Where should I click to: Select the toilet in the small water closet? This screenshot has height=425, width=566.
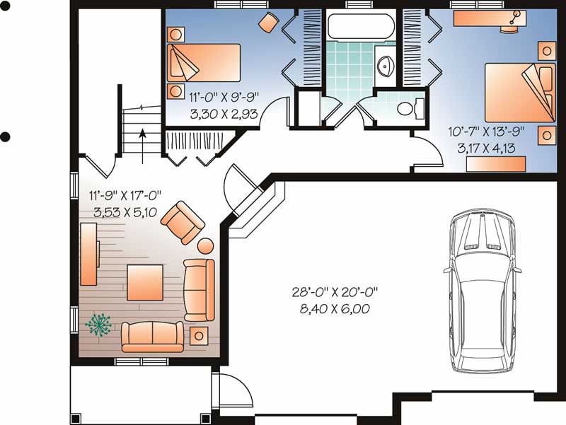click(409, 108)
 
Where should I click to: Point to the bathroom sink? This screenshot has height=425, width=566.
click(386, 66)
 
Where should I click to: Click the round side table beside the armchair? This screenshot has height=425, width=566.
click(205, 247)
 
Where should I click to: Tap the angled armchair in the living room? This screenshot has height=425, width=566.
click(183, 222)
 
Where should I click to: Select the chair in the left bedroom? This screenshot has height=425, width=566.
click(268, 23)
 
